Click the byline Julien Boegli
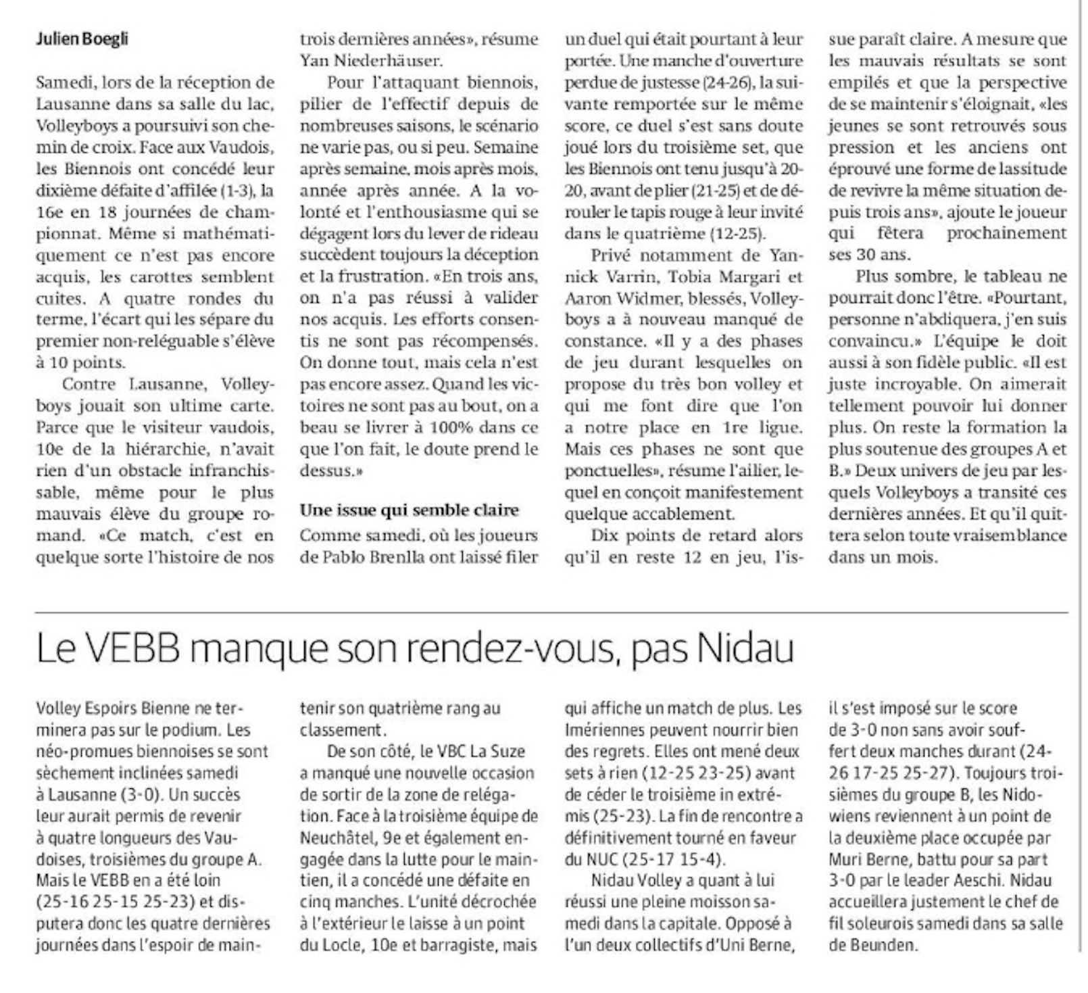[82, 39]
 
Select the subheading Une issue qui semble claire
[410, 510]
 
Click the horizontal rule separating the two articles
[551, 612]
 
